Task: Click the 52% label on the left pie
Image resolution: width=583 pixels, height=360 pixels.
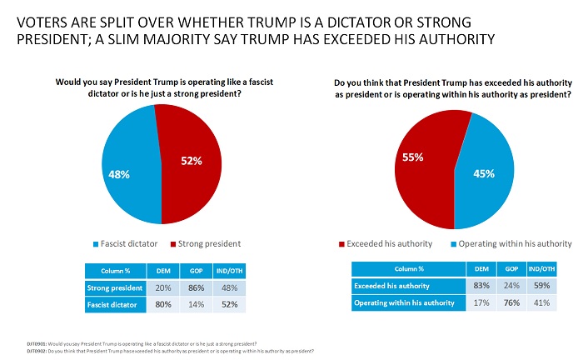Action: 192,161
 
